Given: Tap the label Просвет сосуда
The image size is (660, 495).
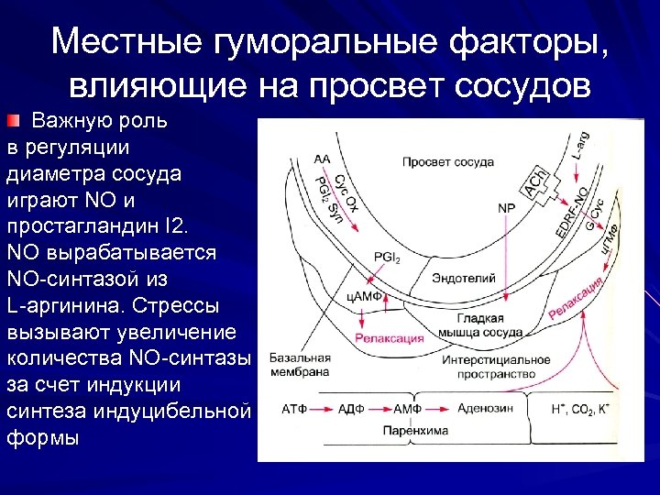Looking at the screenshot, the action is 447,161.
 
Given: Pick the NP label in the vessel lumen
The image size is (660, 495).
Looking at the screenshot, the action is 506,208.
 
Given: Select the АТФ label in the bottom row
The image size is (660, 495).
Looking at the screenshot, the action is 295,407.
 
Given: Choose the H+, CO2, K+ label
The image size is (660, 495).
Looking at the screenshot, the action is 584,407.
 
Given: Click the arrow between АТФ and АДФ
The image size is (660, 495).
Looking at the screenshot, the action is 323,407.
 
